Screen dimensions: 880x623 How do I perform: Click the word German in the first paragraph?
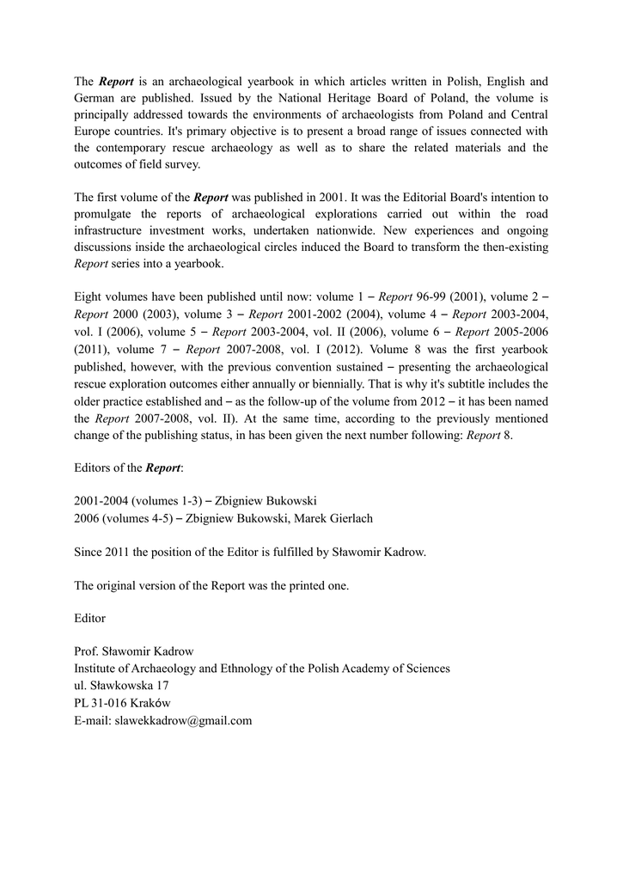[x=96, y=98]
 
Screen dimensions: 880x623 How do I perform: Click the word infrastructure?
[x=112, y=230]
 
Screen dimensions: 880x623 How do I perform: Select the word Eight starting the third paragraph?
[x=89, y=296]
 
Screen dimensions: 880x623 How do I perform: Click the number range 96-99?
[x=434, y=296]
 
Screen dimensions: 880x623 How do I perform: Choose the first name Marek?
[x=294, y=518]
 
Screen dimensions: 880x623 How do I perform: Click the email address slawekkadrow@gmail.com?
[x=183, y=720]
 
